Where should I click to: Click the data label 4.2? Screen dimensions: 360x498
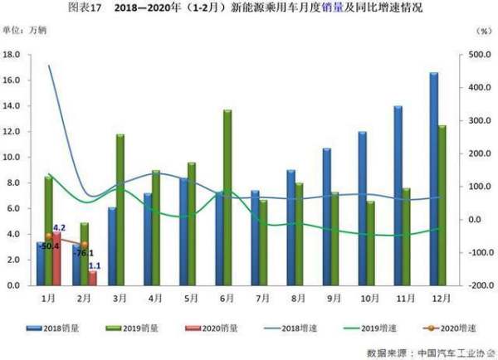(x=59, y=227)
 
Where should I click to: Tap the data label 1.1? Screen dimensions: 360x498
(x=95, y=265)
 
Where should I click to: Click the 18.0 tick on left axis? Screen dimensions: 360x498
(x=14, y=55)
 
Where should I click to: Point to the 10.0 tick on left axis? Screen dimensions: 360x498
(x=14, y=157)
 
